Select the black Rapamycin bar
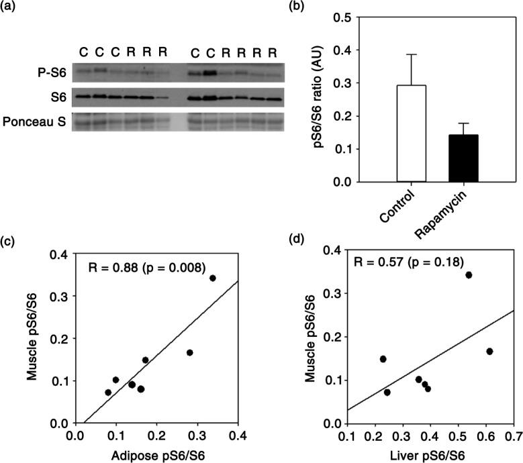tap(461, 158)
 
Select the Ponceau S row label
tap(34, 122)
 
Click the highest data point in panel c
tap(213, 278)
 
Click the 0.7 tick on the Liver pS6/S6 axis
tap(514, 437)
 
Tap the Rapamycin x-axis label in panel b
tap(451, 209)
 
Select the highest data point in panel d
tap(469, 274)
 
